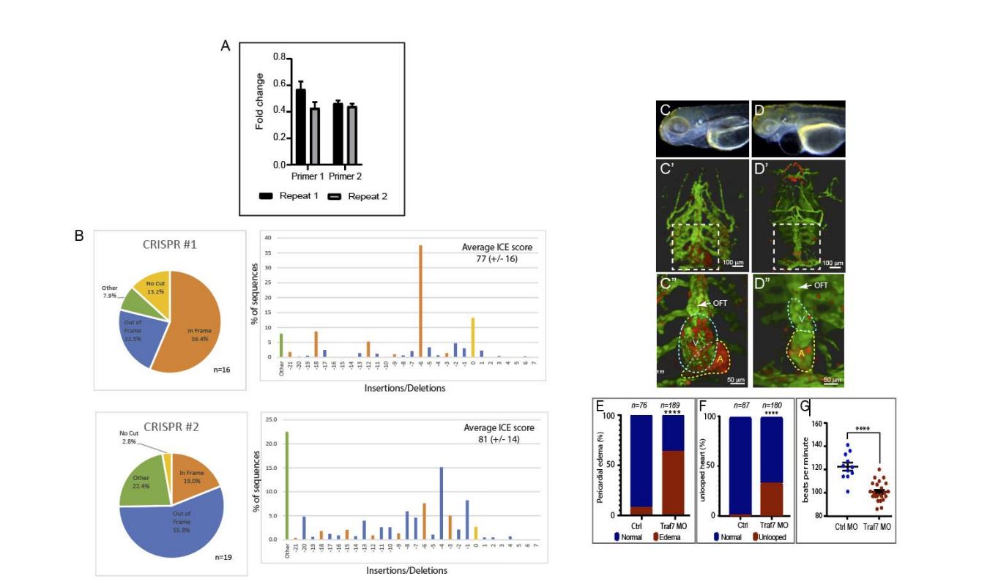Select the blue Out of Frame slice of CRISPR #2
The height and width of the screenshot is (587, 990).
170,519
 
